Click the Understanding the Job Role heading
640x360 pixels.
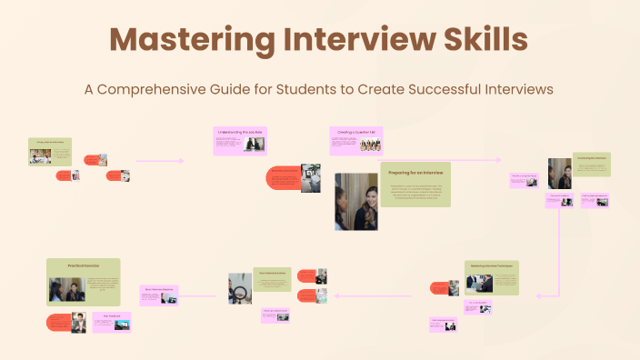point(240,132)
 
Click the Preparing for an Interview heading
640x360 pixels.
point(415,172)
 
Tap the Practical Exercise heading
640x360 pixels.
point(83,265)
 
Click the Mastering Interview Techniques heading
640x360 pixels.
point(491,265)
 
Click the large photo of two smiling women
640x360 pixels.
point(355,202)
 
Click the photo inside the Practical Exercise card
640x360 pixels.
point(66,289)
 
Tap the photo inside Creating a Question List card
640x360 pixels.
point(370,145)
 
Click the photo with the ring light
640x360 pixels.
point(240,288)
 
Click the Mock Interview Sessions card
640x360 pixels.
point(159,292)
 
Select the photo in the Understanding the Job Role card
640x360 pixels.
point(255,145)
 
